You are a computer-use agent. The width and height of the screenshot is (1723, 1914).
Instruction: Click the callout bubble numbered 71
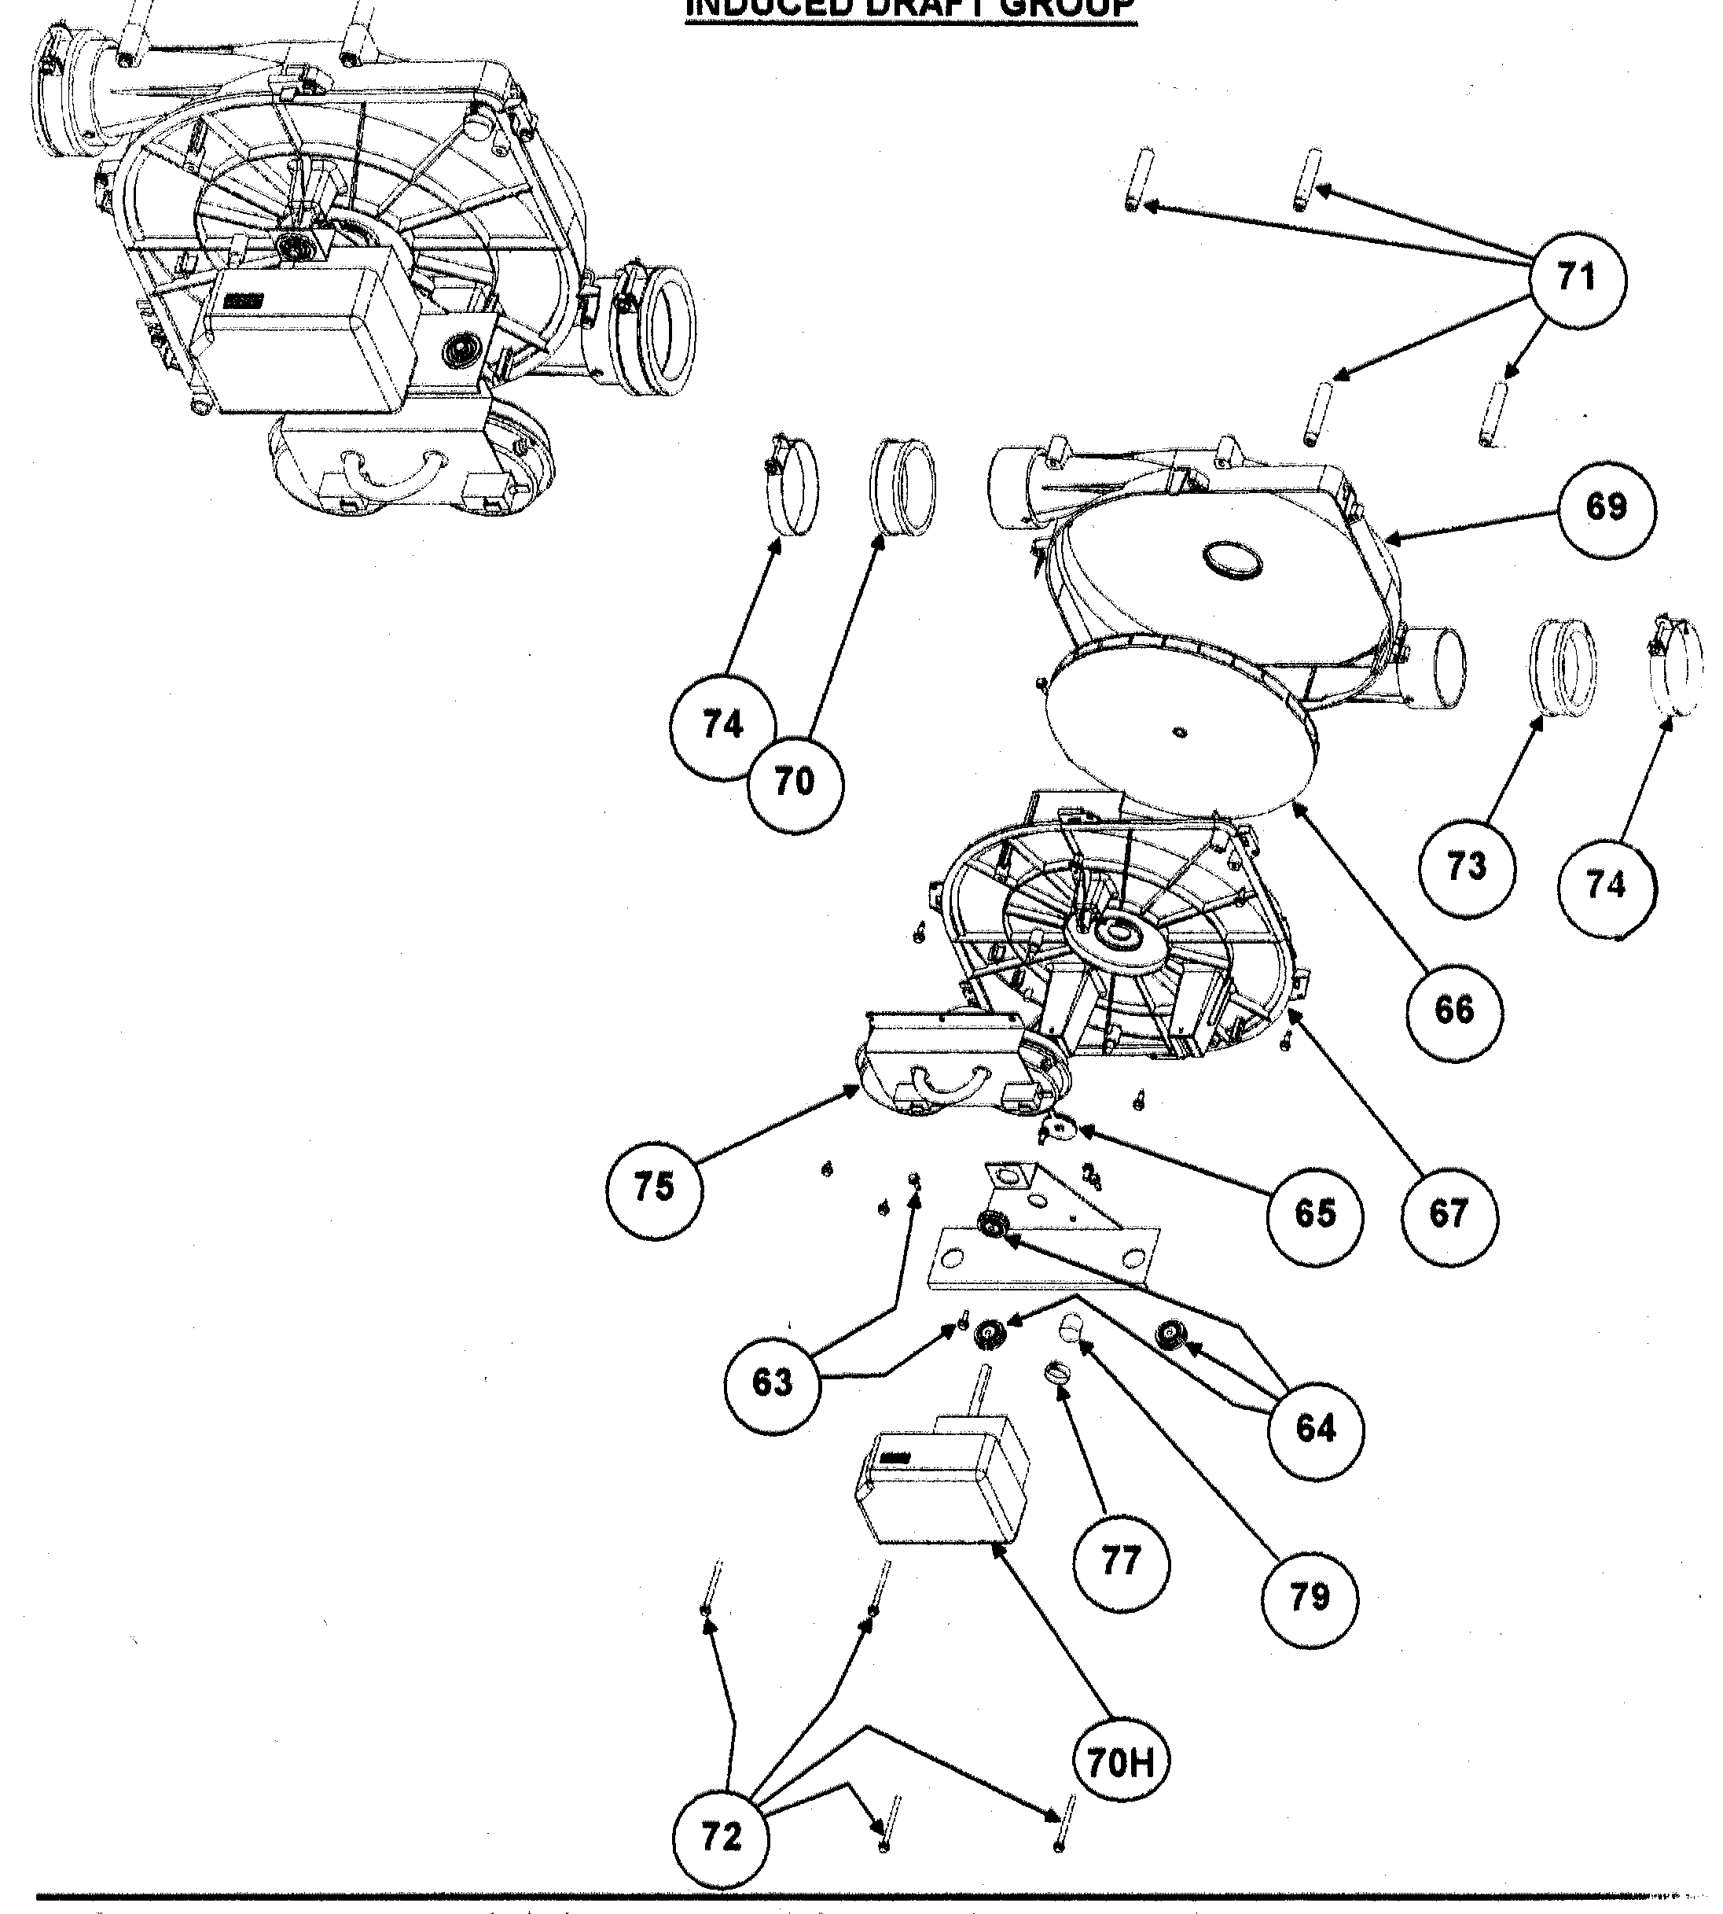1578,279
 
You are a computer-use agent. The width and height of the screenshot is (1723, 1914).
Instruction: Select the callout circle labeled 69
1607,509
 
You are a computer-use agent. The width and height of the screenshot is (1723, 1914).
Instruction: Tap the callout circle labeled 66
1453,1010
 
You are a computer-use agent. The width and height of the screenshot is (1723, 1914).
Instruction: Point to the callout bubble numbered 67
1449,1214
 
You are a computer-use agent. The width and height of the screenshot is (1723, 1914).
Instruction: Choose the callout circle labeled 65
1315,1214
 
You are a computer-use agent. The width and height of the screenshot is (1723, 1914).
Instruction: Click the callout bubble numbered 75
654,1187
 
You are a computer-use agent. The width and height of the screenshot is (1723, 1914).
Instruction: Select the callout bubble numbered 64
1315,1428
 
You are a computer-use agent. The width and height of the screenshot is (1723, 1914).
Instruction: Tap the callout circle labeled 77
1121,1561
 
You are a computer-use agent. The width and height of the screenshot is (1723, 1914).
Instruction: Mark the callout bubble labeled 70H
1121,1764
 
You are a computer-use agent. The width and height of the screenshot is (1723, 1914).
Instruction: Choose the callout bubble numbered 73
1467,867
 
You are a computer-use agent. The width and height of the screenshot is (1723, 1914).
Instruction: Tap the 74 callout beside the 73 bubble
1607,885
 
